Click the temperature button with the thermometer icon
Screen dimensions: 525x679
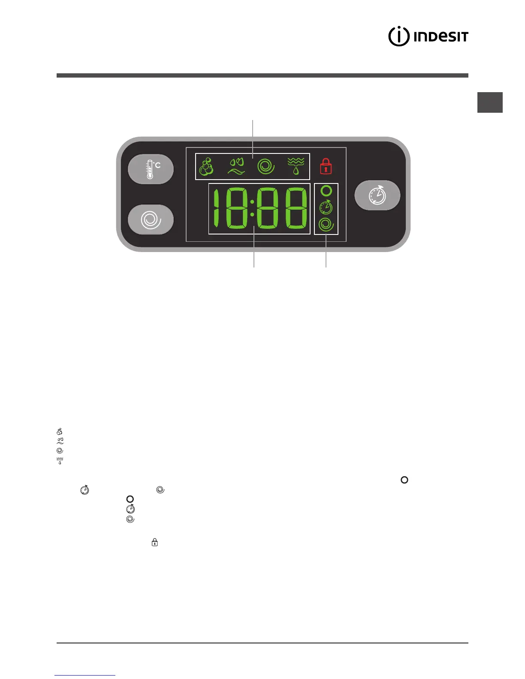click(x=151, y=169)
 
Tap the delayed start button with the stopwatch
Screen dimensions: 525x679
click(x=377, y=195)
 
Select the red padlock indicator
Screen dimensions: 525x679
click(x=326, y=166)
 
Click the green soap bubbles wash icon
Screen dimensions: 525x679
click(x=207, y=166)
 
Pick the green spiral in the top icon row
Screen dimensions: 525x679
click(x=266, y=166)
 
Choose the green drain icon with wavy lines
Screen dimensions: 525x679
click(x=296, y=166)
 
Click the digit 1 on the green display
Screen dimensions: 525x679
click(x=216, y=209)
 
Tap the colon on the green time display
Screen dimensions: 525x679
click(x=252, y=208)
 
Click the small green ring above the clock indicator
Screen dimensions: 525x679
click(x=326, y=191)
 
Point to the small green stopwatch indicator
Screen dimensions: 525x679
click(x=326, y=207)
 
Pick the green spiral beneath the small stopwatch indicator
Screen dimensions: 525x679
click(x=326, y=225)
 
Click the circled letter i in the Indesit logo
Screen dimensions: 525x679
click(x=398, y=36)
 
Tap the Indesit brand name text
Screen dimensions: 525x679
click(x=441, y=36)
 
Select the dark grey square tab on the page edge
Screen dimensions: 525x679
click(x=490, y=102)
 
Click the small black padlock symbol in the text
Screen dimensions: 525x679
click(x=155, y=543)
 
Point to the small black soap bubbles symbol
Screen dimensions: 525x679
click(x=60, y=432)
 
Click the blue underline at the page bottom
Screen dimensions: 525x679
click(x=85, y=675)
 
